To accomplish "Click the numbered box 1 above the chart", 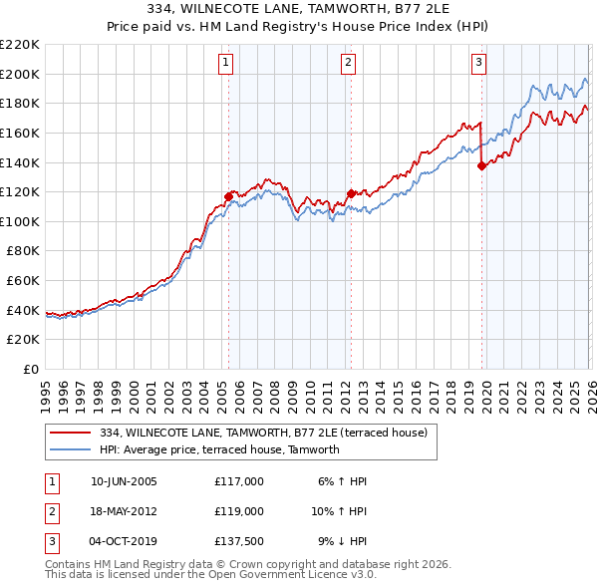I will tap(226, 63).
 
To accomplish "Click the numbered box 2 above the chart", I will tap(348, 63).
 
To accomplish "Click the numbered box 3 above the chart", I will tap(478, 63).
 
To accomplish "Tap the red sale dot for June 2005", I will tap(228, 196).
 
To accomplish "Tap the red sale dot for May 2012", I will tap(351, 193).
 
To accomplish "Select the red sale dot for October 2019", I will tap(481, 166).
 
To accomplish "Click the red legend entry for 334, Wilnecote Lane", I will tap(263, 433).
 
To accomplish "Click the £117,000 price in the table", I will tap(239, 481).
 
